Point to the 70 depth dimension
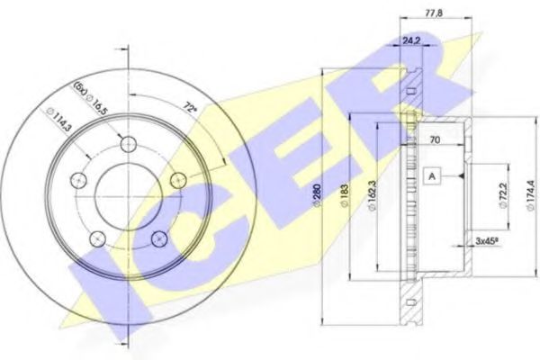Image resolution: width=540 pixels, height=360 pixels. coord(434,139)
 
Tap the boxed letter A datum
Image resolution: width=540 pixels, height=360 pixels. coord(431,176)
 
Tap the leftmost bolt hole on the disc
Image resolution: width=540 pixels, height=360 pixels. coord(78,180)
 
